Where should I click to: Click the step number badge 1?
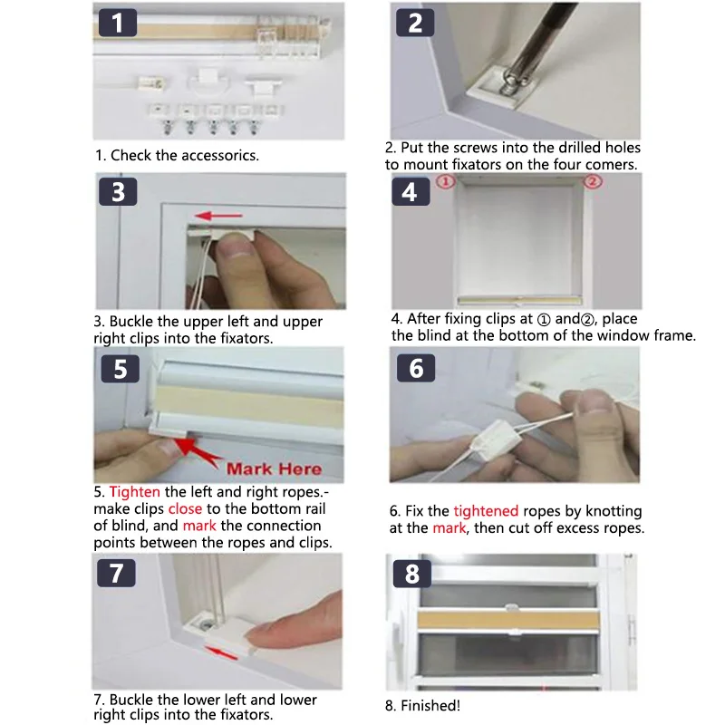pos(118,22)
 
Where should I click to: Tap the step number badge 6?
pos(416,368)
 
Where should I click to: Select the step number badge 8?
pos(412,574)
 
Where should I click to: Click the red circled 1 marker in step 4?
pos(446,182)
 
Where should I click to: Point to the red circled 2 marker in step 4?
pos(593,181)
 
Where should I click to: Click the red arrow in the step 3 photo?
pos(218,216)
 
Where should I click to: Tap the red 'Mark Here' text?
pos(275,469)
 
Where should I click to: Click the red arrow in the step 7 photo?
pos(221,653)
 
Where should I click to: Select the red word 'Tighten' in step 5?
pos(134,491)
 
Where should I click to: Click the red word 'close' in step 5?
pos(185,508)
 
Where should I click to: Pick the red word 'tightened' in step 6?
pos(486,511)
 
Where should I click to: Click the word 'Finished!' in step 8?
pos(430,706)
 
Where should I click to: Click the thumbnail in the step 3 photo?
pos(237,245)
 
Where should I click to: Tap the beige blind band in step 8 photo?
pos(508,620)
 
